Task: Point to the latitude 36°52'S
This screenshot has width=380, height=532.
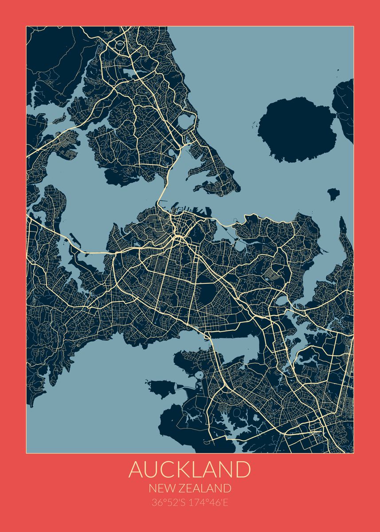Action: coord(170,503)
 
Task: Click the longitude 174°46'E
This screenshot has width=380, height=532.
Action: coord(209,503)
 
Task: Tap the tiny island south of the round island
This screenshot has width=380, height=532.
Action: coord(333,193)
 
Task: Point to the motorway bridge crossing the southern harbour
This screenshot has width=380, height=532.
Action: coord(207,338)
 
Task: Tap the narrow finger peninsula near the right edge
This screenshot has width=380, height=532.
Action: coord(343,231)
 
